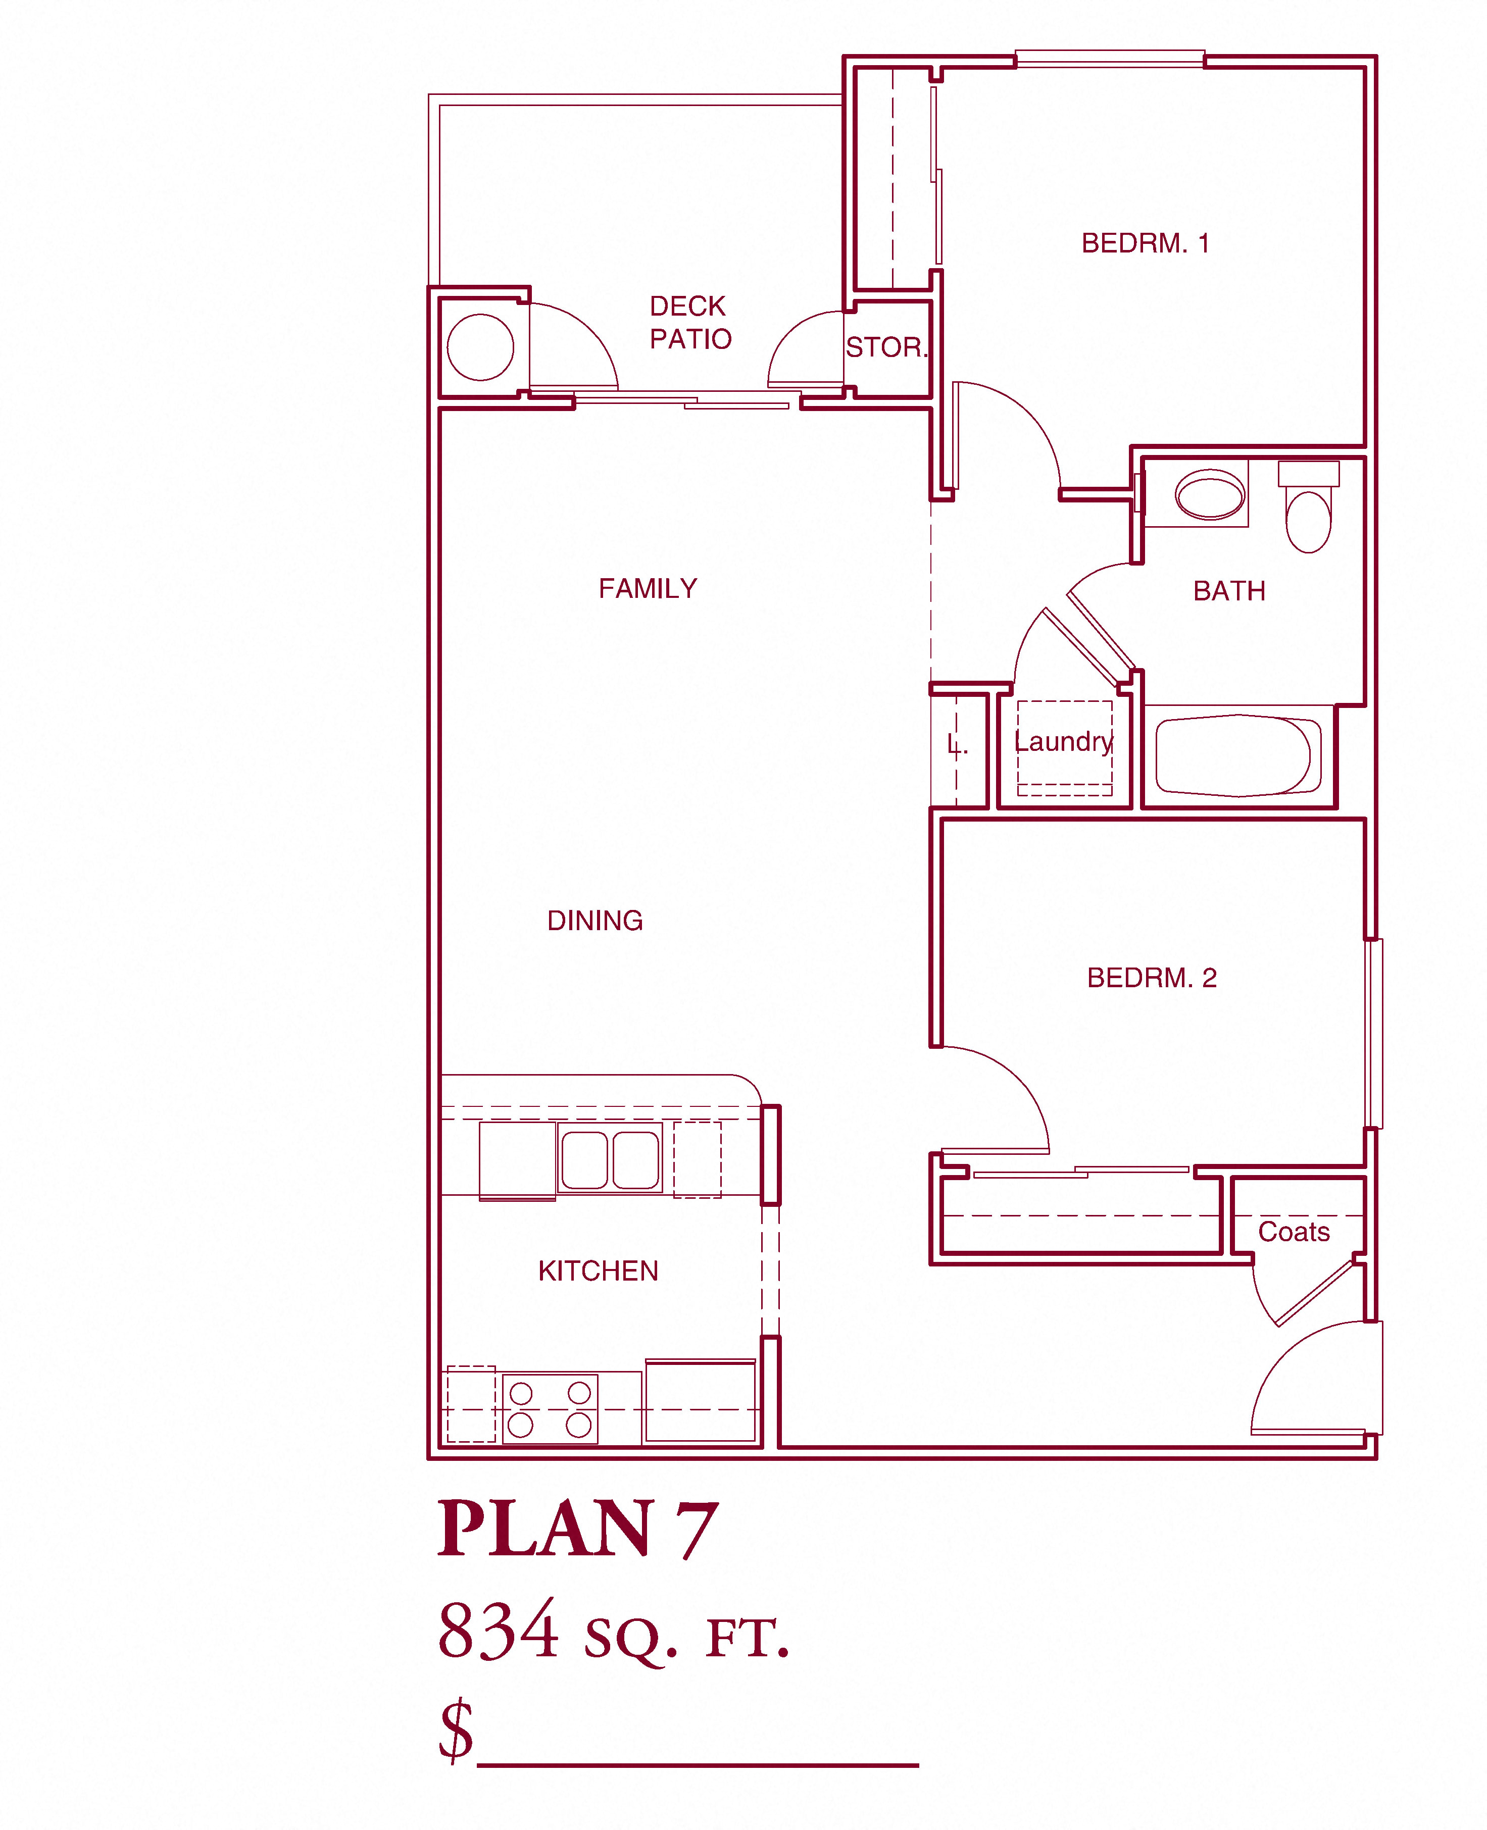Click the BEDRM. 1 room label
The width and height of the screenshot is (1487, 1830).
tap(1145, 243)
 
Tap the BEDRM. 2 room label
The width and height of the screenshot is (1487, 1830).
tap(1152, 978)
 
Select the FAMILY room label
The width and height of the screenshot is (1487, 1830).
tap(649, 589)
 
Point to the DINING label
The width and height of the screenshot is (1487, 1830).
tap(596, 921)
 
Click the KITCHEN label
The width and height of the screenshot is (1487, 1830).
tap(599, 1271)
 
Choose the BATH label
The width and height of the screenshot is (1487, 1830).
tap(1229, 591)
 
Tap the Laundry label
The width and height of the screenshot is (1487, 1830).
tap(1064, 742)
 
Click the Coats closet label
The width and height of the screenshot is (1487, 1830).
tap(1294, 1232)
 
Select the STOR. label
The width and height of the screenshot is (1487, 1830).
tap(886, 347)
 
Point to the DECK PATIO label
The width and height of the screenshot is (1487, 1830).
tap(690, 323)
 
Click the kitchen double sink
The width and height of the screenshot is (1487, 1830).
tap(610, 1158)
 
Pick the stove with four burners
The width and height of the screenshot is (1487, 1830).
tap(550, 1409)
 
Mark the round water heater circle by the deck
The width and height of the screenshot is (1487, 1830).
tap(480, 347)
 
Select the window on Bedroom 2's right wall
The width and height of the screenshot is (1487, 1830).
tap(1374, 1034)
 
